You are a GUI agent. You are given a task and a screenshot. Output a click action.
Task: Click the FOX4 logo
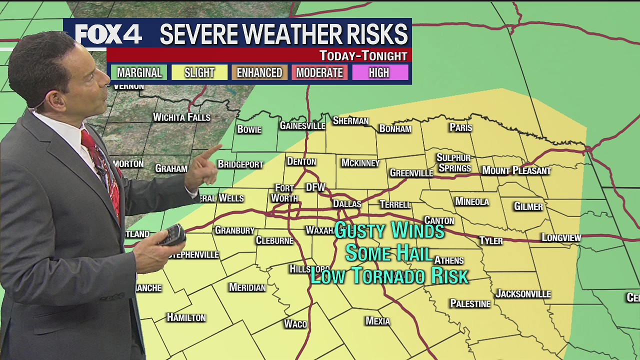coord(108,34)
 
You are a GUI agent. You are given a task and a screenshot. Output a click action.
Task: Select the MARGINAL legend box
coord(139,72)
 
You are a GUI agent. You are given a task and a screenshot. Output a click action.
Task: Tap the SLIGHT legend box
coord(199,72)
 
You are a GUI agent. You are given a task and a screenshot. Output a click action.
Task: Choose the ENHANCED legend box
coord(259,72)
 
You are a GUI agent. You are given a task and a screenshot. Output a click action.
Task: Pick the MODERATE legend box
coord(319,72)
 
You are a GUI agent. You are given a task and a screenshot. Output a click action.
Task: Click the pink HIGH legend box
coord(379,72)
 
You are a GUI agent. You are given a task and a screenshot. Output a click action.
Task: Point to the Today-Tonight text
coord(363,55)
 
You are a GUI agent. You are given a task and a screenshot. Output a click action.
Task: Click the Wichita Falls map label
coord(181,117)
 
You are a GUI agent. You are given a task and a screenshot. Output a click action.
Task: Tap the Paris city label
coord(460,127)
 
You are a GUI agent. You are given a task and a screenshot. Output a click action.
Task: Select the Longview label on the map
coord(561,238)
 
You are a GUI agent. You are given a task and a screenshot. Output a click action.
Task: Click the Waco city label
coord(295,324)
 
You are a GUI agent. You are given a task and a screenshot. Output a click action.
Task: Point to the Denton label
coord(301,161)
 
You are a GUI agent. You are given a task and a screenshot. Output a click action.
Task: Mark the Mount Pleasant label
coord(516,171)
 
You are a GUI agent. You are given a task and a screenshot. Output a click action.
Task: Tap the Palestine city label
coord(470,304)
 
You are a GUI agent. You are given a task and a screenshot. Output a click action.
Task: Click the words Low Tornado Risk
coord(389,276)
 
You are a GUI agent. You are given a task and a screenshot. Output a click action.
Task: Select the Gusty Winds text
coord(389,230)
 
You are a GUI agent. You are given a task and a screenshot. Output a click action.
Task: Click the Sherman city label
coord(350,121)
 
